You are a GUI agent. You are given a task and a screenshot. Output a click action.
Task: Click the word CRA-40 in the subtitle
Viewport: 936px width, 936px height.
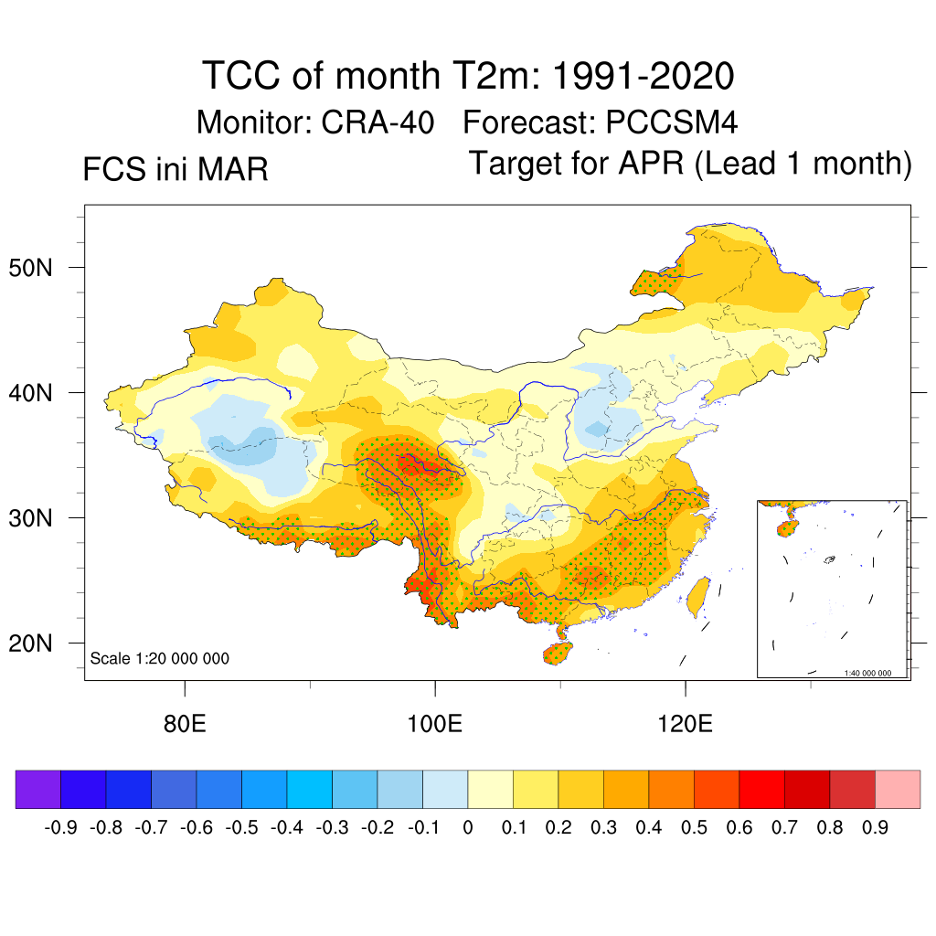click(x=377, y=122)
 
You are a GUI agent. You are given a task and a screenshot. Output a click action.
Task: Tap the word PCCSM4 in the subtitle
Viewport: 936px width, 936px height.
click(x=660, y=122)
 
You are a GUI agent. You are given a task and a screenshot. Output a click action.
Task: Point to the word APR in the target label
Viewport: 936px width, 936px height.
click(x=654, y=164)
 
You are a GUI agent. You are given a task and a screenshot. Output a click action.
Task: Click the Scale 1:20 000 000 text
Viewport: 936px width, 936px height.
click(x=160, y=658)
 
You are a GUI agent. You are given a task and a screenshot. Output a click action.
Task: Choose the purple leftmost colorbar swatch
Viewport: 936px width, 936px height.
click(x=37, y=789)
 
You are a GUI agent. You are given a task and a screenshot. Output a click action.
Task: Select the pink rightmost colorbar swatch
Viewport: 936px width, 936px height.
click(x=898, y=789)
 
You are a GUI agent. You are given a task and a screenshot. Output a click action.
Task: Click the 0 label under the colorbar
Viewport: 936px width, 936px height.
click(x=468, y=828)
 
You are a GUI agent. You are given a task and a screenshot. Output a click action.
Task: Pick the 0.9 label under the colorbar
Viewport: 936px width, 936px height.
click(x=876, y=828)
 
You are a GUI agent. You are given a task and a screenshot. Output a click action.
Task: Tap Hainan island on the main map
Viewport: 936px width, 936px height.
click(x=557, y=652)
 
